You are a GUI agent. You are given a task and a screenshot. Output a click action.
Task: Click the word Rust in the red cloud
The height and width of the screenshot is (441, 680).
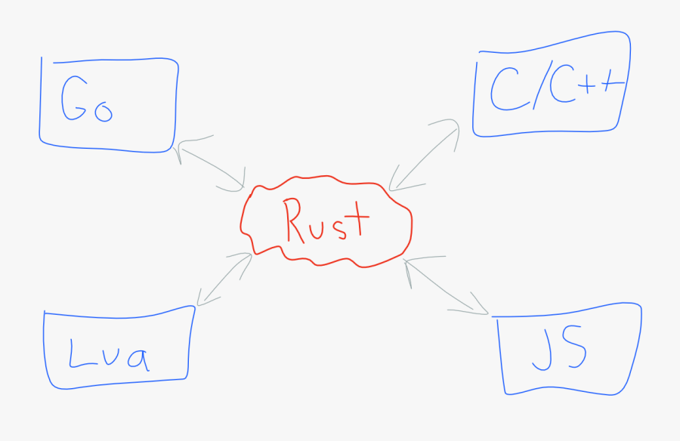click(326, 220)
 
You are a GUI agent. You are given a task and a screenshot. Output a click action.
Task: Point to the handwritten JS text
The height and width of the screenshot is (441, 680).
click(558, 350)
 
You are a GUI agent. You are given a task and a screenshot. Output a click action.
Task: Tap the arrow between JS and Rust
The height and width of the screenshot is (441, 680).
click(446, 286)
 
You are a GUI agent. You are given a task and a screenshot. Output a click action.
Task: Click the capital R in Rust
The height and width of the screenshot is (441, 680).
click(295, 220)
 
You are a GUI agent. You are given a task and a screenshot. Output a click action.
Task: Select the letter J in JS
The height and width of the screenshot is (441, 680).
click(541, 350)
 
